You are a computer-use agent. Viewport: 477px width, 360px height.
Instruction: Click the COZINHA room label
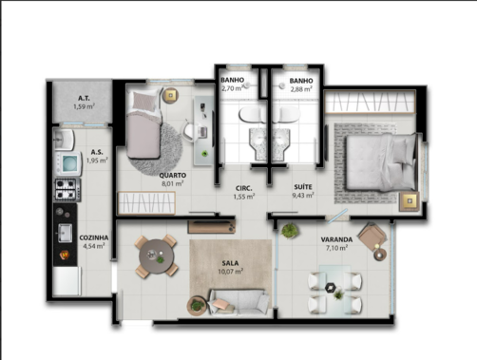(94, 237)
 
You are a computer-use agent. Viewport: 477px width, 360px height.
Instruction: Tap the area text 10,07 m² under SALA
(231, 272)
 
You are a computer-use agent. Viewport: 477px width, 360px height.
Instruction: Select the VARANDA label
(336, 239)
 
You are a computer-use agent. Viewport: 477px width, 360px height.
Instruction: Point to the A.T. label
(84, 98)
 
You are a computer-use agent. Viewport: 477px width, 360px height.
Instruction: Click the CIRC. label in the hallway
(244, 188)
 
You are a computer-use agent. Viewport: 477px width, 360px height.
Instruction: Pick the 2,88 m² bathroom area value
(301, 89)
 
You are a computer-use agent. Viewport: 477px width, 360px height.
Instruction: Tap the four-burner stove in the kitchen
(67, 190)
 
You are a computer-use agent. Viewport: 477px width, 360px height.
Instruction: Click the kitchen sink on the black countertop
(66, 233)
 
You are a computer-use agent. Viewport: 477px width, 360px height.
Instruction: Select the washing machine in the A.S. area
(68, 163)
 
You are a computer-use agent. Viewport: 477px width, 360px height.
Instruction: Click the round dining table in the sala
(156, 256)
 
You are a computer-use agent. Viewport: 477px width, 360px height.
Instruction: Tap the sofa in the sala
(238, 302)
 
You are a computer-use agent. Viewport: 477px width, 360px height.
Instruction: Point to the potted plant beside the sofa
(197, 306)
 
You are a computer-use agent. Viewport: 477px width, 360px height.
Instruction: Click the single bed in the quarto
(144, 124)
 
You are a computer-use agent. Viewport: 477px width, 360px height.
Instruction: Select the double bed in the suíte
(381, 161)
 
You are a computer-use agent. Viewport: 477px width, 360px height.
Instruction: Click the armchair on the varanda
(372, 237)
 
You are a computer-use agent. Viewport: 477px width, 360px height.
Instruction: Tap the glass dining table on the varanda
(335, 291)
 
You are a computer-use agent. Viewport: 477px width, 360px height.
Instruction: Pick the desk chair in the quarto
(190, 131)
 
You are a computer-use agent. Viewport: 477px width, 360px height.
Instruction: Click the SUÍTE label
(303, 187)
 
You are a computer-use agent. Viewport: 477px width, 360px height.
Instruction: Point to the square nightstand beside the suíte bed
(410, 201)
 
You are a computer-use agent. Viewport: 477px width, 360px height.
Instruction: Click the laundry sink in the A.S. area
(65, 139)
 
